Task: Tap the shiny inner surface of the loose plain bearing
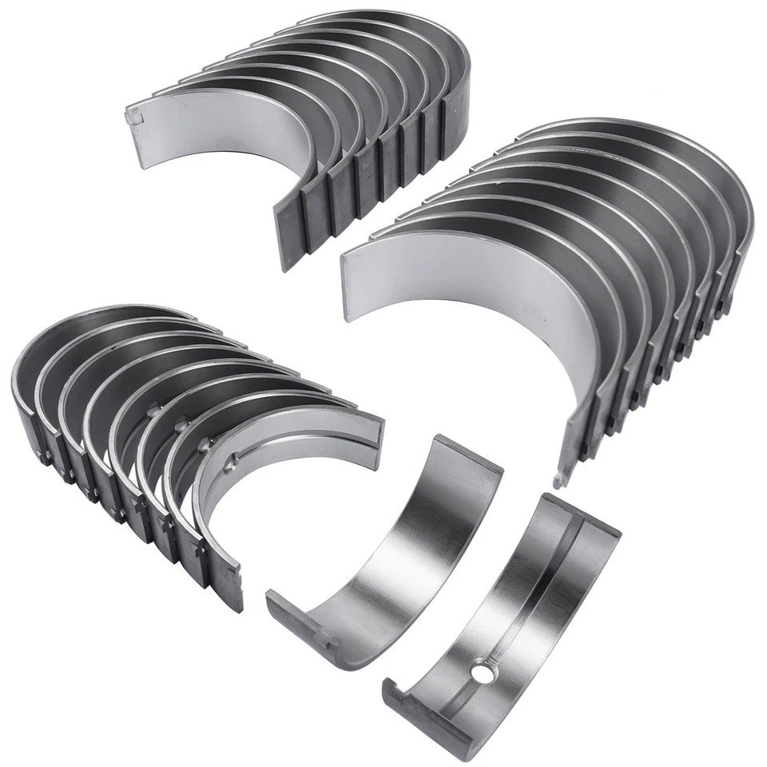[399, 559]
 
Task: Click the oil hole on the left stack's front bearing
[231, 463]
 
